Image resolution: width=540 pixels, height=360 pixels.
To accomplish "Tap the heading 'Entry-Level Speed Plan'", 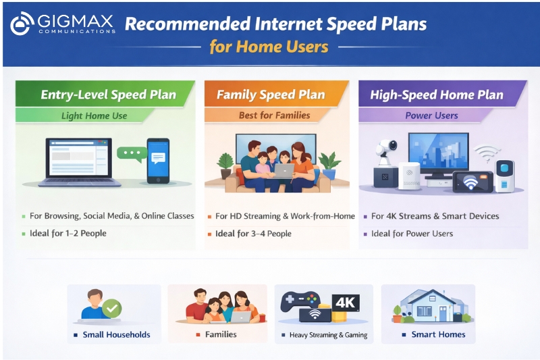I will (x=108, y=95).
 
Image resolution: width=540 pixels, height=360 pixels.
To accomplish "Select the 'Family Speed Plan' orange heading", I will (x=270, y=95).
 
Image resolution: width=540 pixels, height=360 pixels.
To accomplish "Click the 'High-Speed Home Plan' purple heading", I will (x=436, y=95).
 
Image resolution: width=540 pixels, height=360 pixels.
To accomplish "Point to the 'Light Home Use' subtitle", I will (x=94, y=115).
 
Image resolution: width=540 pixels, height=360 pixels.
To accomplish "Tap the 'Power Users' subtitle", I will (x=431, y=115).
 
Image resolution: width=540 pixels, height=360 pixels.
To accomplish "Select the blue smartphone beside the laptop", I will (x=158, y=160).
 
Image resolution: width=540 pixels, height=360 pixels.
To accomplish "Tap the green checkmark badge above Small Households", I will (x=112, y=309).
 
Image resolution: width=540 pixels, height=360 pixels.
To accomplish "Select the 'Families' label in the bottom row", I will (x=221, y=334).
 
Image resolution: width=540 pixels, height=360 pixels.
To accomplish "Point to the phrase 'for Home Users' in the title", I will (x=269, y=47).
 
